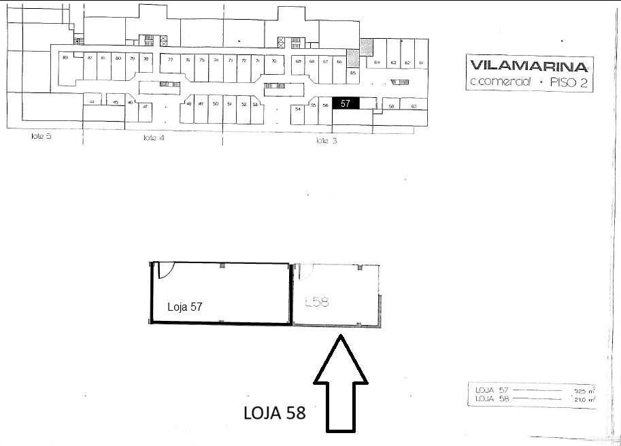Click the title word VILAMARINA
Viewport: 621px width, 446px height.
click(x=528, y=67)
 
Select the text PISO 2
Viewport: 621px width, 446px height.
click(x=568, y=84)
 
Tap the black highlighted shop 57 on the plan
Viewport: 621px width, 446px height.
click(x=346, y=103)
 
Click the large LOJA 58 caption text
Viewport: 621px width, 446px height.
click(x=274, y=412)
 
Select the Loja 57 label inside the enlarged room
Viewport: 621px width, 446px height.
click(x=185, y=307)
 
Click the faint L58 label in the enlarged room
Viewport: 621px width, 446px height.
click(x=317, y=301)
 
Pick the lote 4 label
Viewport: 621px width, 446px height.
click(x=154, y=137)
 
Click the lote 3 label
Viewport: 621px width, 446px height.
click(x=326, y=141)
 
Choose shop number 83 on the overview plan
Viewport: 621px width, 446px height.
click(x=65, y=58)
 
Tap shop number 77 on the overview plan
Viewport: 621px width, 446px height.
click(x=170, y=60)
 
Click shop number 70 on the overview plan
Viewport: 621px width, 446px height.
click(x=273, y=61)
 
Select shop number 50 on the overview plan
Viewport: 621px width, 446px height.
click(x=215, y=104)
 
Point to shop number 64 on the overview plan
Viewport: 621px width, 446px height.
click(x=377, y=63)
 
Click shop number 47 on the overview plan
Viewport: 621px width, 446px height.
click(x=145, y=107)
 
